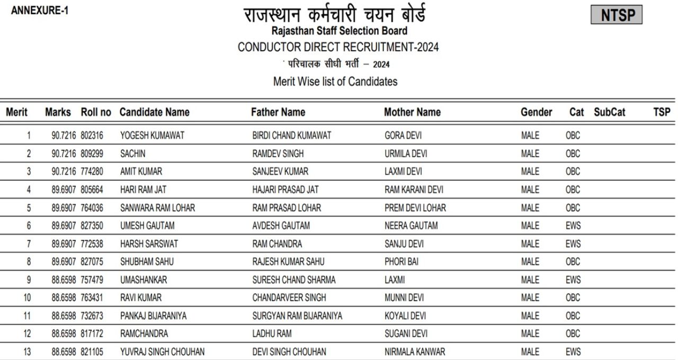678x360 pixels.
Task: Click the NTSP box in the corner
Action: [617, 15]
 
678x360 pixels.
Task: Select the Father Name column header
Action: [278, 112]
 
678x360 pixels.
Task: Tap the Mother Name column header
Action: [412, 112]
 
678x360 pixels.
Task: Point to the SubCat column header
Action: [609, 112]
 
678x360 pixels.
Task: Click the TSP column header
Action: [662, 112]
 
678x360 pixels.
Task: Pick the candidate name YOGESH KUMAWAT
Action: [152, 136]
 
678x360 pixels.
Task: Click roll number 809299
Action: [92, 154]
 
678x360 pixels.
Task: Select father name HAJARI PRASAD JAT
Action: [286, 190]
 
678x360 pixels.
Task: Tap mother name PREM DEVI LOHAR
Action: [415, 208]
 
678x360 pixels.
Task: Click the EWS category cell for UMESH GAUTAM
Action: [573, 226]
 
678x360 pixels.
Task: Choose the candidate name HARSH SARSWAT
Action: [149, 244]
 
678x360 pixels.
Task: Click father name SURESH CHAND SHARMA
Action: [294, 280]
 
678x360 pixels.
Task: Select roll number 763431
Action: [92, 298]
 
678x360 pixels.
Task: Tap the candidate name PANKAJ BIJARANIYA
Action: [153, 316]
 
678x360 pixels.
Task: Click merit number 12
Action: [29, 334]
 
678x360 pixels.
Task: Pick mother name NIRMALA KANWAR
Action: [415, 352]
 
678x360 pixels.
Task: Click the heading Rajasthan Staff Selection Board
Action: [339, 31]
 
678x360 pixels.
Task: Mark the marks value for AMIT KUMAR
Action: [64, 172]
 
